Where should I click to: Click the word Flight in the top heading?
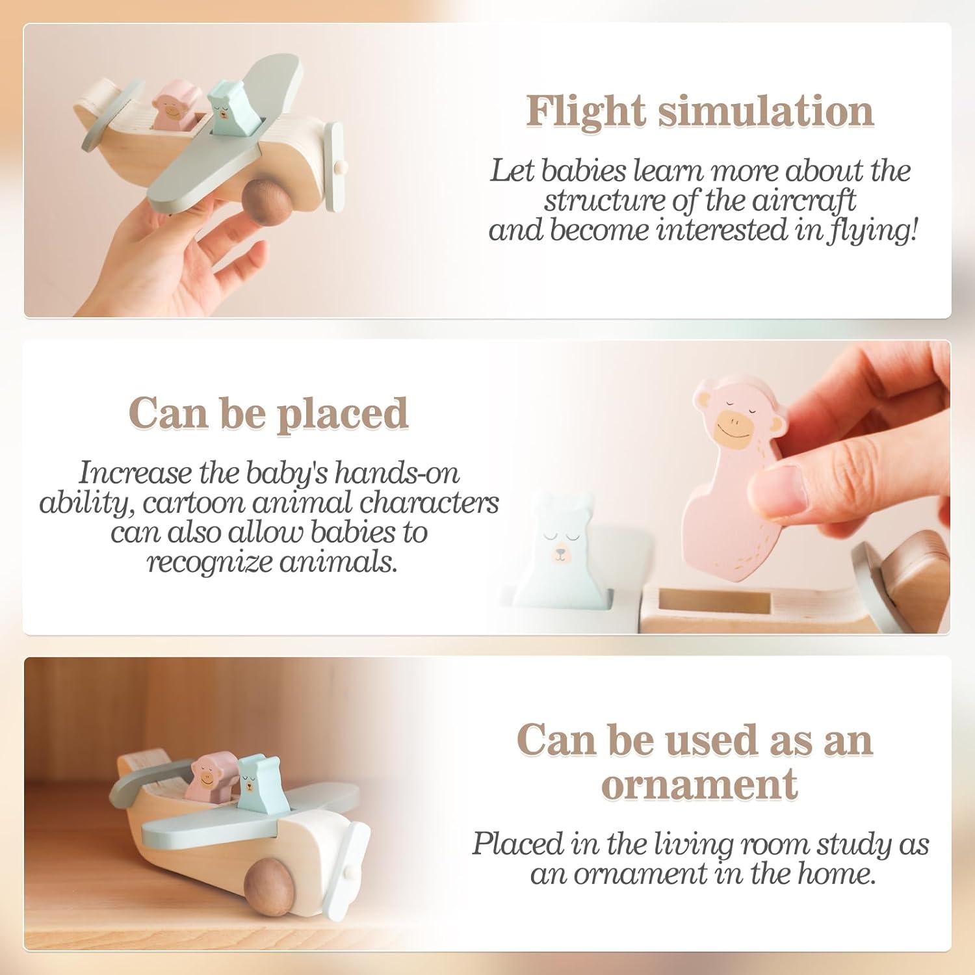[586, 112]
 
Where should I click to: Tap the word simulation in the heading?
[766, 110]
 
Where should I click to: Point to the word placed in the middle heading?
[342, 414]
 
